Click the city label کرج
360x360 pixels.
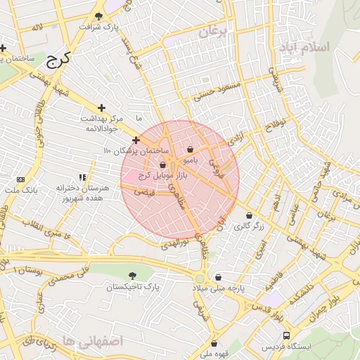[x=61, y=59]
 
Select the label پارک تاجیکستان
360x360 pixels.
[x=134, y=288]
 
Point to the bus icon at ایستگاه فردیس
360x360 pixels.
[x=285, y=336]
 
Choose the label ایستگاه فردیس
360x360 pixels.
[x=285, y=348]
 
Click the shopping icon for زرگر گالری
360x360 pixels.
[x=250, y=216]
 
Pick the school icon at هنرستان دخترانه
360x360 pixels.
[x=82, y=178]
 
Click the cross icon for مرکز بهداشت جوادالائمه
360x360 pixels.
[x=102, y=108]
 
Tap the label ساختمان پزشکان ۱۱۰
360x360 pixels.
[x=136, y=151]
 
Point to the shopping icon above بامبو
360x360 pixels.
[x=191, y=149]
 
